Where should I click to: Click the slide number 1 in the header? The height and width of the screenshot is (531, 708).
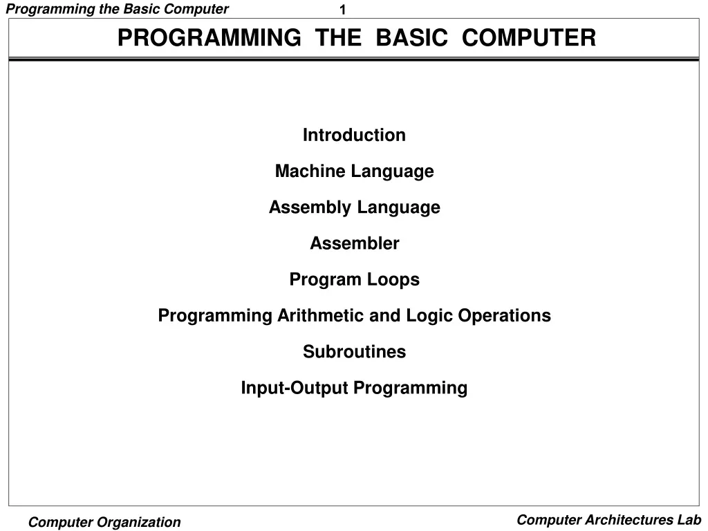[343, 10]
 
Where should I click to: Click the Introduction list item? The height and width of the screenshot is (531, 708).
[354, 135]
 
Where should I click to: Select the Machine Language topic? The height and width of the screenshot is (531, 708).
[354, 171]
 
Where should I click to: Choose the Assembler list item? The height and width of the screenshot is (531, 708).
[354, 243]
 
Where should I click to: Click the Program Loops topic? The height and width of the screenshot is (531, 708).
[354, 279]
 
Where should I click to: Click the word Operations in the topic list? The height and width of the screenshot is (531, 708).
[503, 316]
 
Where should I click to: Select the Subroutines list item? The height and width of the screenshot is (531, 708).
[354, 351]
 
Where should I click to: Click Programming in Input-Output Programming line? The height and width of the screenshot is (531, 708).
[411, 388]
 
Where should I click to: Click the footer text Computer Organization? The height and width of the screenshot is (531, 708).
[104, 523]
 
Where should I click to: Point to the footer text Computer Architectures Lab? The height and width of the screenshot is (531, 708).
[609, 520]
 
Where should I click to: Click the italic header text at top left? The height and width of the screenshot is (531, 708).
[117, 9]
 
